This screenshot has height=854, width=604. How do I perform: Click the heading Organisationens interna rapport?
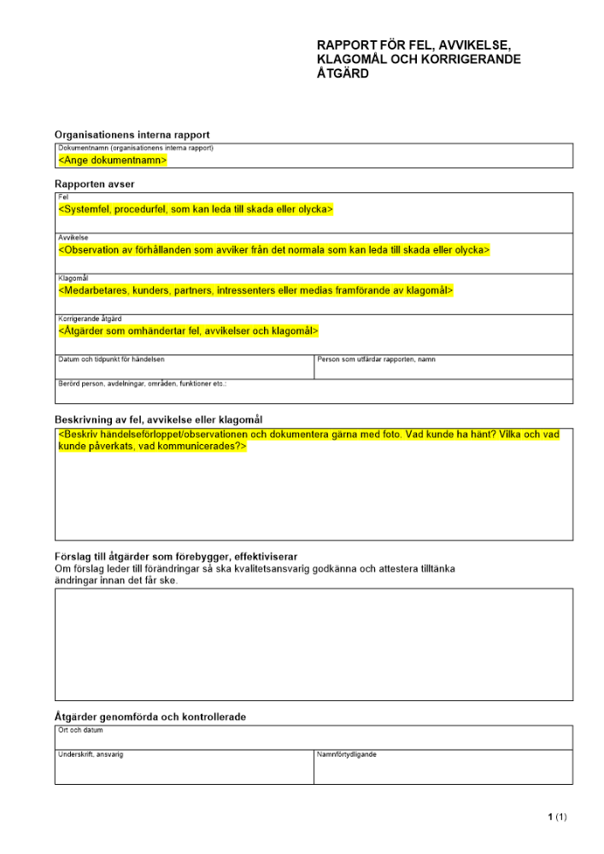click(x=132, y=135)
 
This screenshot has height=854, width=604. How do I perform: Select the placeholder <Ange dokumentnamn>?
click(x=112, y=160)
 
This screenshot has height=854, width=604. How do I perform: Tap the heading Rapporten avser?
click(x=94, y=184)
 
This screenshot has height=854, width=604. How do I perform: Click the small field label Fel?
click(x=62, y=196)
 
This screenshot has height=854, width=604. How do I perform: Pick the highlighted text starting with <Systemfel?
click(x=196, y=209)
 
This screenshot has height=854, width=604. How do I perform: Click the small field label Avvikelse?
click(x=73, y=237)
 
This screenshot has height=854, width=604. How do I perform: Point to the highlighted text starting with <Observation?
click(x=273, y=250)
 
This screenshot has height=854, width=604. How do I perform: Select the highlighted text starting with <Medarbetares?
click(x=255, y=291)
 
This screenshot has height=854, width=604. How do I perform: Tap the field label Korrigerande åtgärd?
click(x=90, y=319)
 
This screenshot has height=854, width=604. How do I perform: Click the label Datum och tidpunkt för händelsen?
click(x=111, y=360)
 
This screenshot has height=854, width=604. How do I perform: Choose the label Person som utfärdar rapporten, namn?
click(x=376, y=360)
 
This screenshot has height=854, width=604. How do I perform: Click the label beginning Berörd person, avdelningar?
click(x=142, y=384)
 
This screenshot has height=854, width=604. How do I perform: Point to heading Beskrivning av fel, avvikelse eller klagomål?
click(x=158, y=419)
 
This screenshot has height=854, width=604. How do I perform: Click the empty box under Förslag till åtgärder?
click(x=314, y=644)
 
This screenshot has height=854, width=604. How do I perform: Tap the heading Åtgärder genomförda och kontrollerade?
click(x=150, y=717)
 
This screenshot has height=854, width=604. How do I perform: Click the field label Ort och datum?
click(x=79, y=730)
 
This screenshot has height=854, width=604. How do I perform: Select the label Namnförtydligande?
click(x=346, y=755)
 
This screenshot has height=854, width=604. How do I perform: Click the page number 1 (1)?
click(x=557, y=817)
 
